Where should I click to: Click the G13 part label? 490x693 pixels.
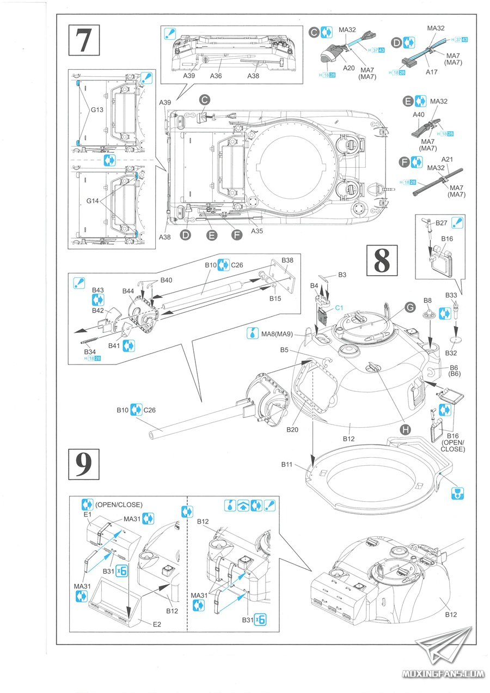tap(97, 109)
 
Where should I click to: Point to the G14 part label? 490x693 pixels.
tap(97, 201)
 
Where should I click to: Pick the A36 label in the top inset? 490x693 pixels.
tap(216, 76)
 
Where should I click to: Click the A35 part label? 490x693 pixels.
tap(257, 231)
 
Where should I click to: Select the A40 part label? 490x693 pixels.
tap(419, 115)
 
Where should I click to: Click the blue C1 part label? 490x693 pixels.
tap(339, 308)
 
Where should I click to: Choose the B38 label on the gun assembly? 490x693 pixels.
tap(287, 260)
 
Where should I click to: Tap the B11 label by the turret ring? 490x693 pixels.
tap(287, 464)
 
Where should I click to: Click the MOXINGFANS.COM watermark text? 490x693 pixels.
tap(443, 673)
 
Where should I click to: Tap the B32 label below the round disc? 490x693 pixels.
tap(451, 353)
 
